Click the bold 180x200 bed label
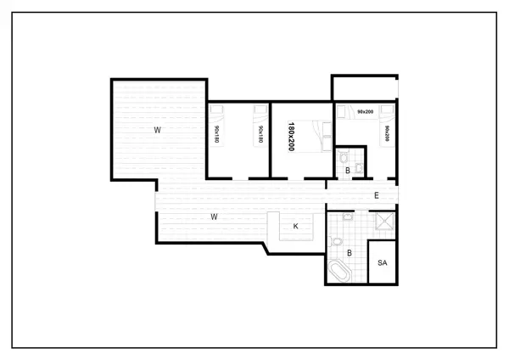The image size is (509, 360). (291, 136)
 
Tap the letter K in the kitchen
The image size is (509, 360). (295, 227)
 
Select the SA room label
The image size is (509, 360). (383, 263)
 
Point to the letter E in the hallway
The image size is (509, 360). (376, 197)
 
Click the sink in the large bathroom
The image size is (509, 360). (349, 217)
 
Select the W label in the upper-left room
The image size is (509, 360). (157, 130)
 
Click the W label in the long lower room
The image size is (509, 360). (215, 217)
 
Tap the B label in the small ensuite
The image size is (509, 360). (348, 171)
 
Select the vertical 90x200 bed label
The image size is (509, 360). (387, 133)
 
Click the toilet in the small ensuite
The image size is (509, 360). (342, 157)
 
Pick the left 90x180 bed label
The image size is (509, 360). (217, 134)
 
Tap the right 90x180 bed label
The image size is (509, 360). (260, 134)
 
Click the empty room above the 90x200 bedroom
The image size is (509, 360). (363, 87)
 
